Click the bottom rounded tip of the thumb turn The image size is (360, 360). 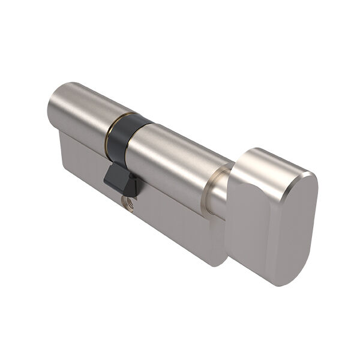point(282,282)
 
